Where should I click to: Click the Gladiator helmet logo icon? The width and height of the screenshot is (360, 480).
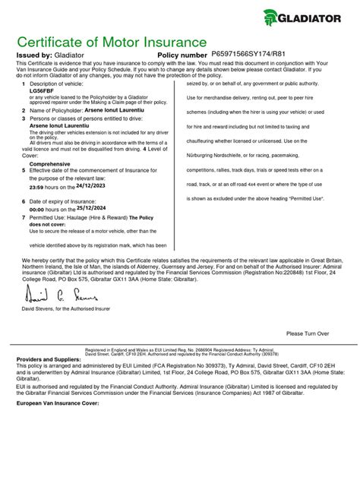(x=270, y=17)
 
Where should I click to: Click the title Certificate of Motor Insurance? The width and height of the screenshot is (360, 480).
(x=111, y=41)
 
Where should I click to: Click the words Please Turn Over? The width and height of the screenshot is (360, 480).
(x=307, y=333)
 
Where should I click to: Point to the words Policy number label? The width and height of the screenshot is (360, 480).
(x=182, y=55)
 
